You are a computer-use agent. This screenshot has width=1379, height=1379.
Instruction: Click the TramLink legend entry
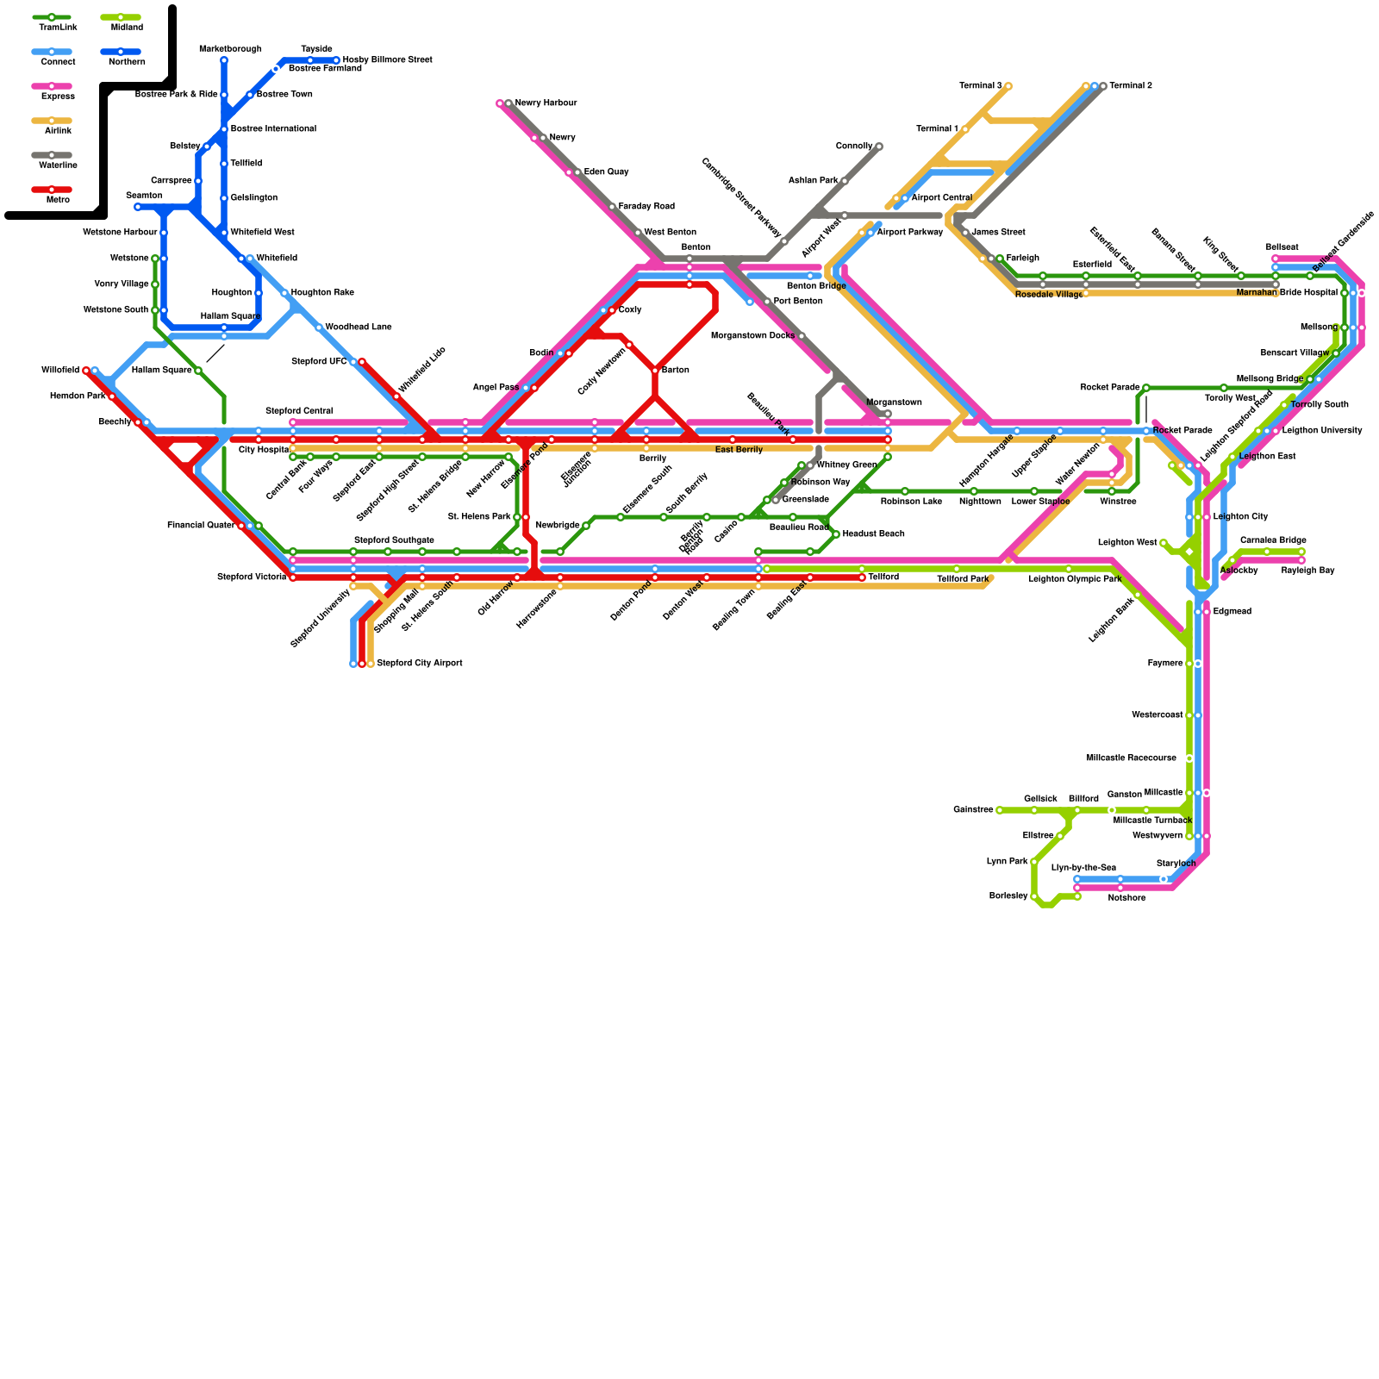tap(52, 17)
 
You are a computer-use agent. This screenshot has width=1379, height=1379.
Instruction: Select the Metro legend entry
tap(52, 190)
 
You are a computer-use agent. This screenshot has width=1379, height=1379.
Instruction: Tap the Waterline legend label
tap(58, 165)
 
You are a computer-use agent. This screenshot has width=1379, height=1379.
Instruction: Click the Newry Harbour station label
tap(546, 103)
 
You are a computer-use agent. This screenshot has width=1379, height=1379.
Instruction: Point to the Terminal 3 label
tap(980, 86)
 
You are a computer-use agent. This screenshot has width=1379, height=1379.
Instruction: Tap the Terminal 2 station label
tap(1130, 86)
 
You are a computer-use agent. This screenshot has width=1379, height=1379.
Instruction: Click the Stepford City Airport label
tap(419, 664)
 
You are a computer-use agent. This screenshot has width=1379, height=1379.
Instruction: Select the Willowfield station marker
tap(86, 371)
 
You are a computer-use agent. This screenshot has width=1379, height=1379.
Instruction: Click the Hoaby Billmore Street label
tap(387, 60)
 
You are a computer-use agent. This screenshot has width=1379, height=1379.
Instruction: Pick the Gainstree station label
tap(973, 810)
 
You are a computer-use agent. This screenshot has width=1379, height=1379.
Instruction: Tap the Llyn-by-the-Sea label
tap(1083, 868)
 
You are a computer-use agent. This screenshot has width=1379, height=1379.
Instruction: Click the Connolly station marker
tap(879, 147)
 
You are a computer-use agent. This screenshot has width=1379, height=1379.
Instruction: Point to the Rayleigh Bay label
tap(1307, 571)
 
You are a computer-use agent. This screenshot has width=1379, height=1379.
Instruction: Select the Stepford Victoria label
tap(251, 577)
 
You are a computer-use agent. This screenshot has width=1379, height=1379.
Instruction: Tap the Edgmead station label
tap(1232, 612)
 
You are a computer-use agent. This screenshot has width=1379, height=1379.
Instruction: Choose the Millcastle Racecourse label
tap(1131, 758)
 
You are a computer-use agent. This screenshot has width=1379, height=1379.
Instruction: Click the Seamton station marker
tap(138, 207)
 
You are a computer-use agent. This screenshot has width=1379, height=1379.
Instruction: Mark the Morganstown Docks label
tap(752, 336)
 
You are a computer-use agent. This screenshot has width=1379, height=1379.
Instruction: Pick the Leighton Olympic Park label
tap(1074, 579)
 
